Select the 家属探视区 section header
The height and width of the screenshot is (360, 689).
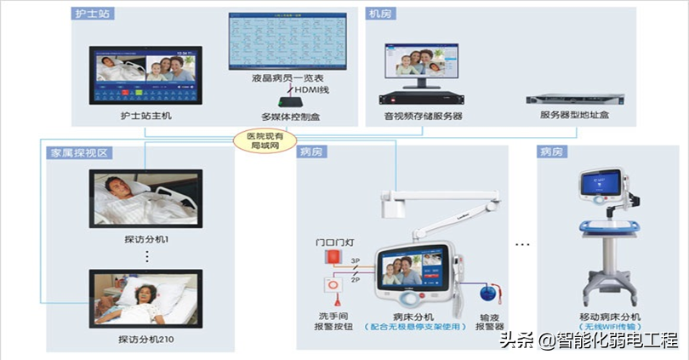pos(77,152)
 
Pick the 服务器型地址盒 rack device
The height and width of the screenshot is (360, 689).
pos(573,100)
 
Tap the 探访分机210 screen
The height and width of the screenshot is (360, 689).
pos(145,298)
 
